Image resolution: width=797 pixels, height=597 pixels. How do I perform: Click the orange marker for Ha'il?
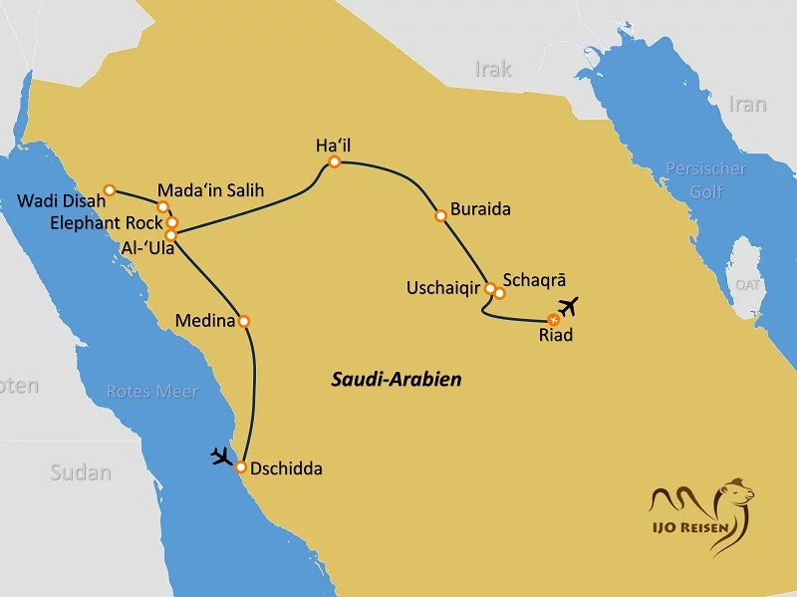335,162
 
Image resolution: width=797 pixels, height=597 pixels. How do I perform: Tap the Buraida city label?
480,210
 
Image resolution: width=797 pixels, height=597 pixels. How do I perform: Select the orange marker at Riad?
554,319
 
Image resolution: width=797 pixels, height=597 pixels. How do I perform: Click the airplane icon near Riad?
569,304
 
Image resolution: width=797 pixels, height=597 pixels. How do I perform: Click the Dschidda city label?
287,467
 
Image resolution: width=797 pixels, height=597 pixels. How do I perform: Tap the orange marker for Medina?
244,321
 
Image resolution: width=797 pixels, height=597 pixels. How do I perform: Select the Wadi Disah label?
62,202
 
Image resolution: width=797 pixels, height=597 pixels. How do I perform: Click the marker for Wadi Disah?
110,189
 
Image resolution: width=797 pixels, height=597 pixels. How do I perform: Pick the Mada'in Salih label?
211,189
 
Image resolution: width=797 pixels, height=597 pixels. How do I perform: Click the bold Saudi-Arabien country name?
397,380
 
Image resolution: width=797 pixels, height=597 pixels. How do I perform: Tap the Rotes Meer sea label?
152,392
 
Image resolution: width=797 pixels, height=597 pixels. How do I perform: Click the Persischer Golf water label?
706,180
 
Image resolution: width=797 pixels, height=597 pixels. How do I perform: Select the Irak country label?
493,70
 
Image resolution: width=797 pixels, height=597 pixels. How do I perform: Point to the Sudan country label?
81,472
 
